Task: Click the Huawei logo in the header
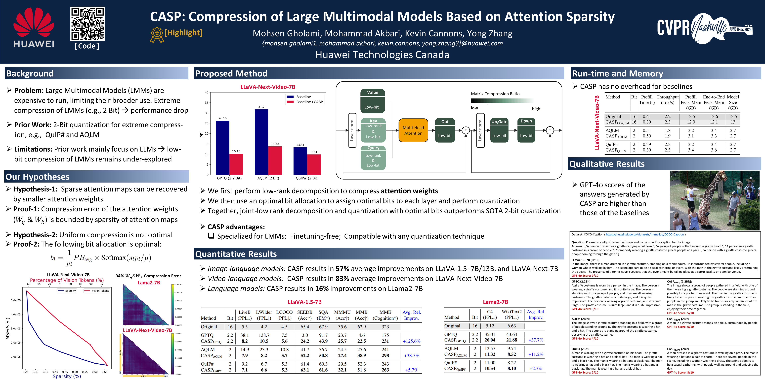34,27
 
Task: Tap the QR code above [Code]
87,24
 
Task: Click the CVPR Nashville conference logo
704,28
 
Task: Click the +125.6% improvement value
411,341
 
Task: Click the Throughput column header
667,100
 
